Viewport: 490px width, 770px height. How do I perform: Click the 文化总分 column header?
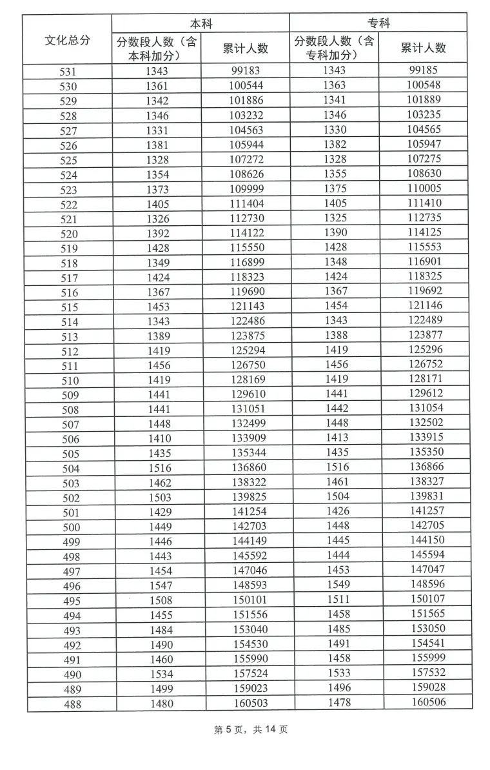67,40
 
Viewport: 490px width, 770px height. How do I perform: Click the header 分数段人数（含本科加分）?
157,48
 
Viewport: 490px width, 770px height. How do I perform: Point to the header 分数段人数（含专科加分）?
334,48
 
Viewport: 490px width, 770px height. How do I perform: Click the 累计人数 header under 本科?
245,48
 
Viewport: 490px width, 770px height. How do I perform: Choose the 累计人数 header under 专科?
423,48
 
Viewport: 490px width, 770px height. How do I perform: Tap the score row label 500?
71,527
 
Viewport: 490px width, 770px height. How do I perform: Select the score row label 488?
73,704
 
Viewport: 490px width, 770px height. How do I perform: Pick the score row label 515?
69,307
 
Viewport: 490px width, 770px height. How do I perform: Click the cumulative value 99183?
246,71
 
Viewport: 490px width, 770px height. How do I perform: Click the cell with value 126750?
248,365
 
